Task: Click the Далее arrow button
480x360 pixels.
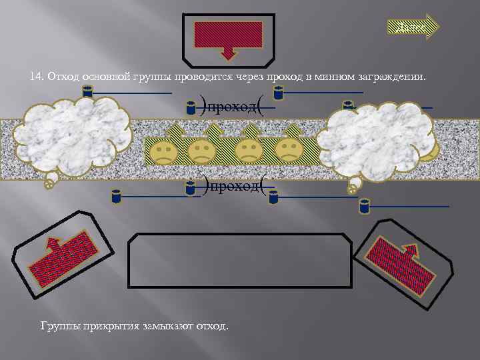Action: click(413, 27)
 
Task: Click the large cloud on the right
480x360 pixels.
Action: click(380, 140)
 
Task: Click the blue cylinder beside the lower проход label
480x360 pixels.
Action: click(191, 191)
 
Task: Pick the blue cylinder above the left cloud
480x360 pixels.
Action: click(87, 92)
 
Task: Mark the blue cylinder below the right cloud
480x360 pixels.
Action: click(364, 205)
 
